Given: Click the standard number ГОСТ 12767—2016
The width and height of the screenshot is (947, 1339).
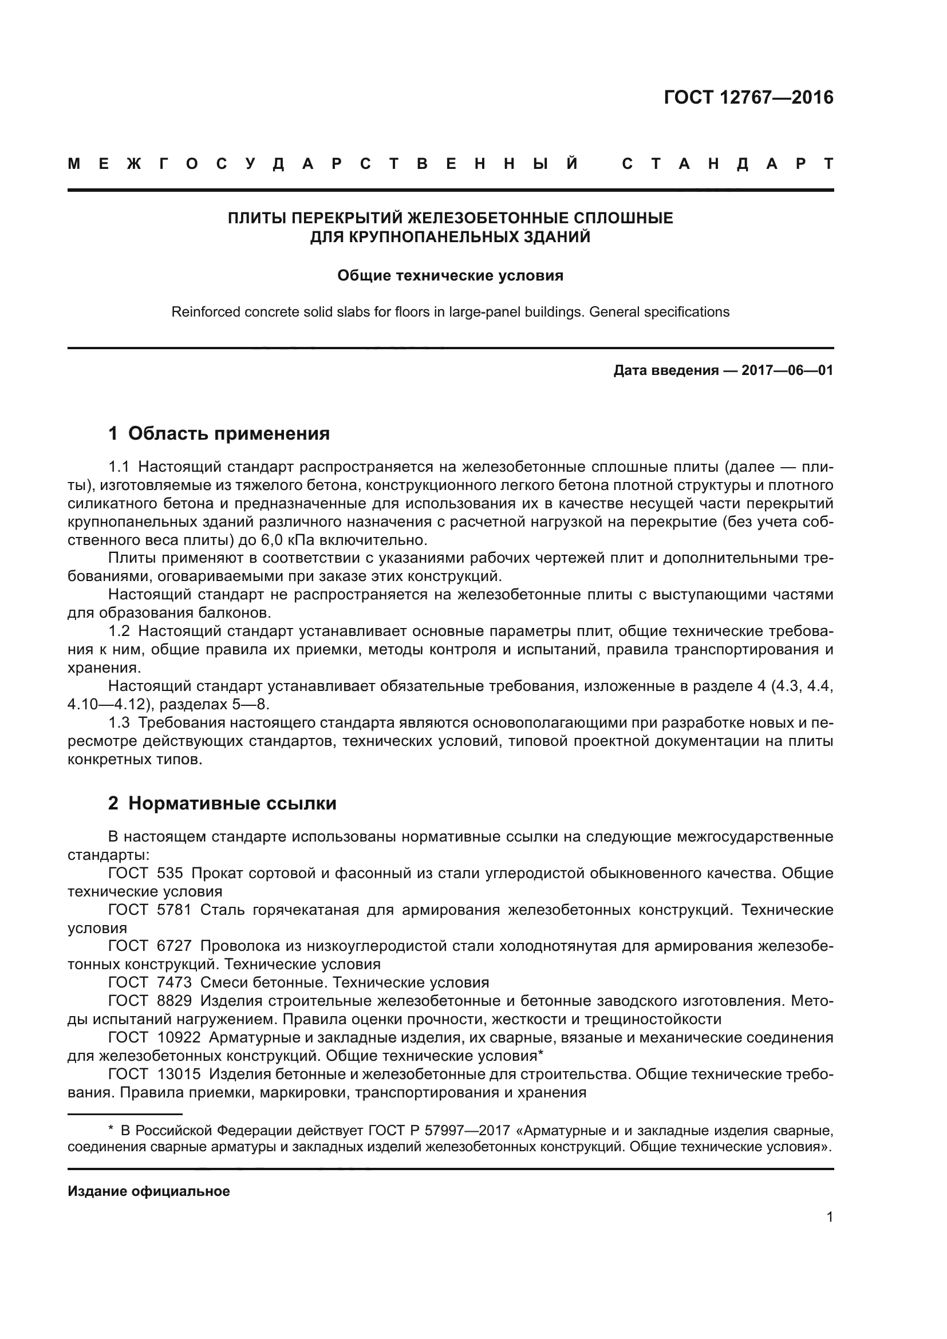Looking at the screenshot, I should click(x=748, y=97).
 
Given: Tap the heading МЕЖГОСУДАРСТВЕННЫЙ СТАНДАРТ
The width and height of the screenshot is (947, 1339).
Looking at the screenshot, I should click(x=450, y=164).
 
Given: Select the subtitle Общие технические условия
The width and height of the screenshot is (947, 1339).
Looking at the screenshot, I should click(x=450, y=275).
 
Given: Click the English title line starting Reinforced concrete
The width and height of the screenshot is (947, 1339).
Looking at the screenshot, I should click(x=450, y=312).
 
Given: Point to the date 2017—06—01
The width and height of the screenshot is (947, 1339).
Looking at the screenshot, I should click(x=787, y=370).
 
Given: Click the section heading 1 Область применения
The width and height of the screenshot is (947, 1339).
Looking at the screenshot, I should click(x=219, y=433).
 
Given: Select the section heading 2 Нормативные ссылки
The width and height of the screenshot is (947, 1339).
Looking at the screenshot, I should click(x=222, y=803).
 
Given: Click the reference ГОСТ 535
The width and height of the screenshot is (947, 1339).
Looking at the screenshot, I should click(x=146, y=873).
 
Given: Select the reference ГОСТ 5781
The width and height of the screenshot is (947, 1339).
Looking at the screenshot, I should click(x=150, y=910).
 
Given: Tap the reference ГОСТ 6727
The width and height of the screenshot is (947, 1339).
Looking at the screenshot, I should click(x=150, y=946).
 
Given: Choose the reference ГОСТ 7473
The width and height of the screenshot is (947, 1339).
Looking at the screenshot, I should click(x=150, y=983).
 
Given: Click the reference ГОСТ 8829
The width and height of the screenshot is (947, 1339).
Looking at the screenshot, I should click(x=150, y=1001).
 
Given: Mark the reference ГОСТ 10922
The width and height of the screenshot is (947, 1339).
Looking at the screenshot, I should click(x=154, y=1037).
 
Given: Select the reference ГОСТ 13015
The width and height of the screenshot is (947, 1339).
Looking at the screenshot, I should click(x=154, y=1073).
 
